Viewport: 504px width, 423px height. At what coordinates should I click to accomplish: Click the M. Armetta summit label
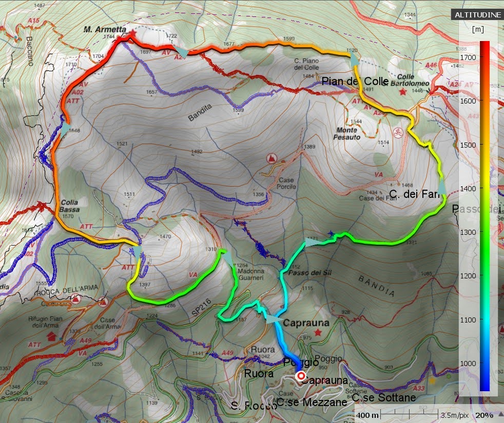click(105, 30)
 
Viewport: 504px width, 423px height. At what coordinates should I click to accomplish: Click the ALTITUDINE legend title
click(477, 15)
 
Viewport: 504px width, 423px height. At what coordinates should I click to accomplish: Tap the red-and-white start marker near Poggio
click(301, 376)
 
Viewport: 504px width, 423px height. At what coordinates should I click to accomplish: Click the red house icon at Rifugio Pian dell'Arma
click(51, 336)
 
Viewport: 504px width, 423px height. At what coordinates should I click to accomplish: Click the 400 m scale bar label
click(367, 415)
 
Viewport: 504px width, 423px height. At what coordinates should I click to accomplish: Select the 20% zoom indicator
click(484, 415)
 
